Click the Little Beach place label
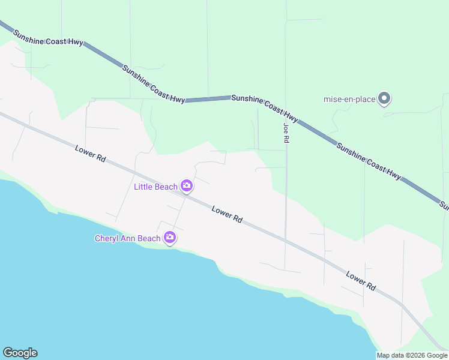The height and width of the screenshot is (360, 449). click(155, 187)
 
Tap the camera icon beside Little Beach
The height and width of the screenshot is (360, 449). click(187, 186)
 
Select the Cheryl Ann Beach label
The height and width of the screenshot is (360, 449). click(128, 238)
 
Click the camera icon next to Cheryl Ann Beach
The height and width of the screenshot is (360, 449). click(170, 238)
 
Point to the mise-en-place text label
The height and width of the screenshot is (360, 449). click(349, 99)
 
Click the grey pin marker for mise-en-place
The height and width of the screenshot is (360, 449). click(385, 98)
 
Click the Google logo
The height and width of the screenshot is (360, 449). click(20, 353)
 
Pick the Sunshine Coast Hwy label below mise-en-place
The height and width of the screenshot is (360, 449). click(368, 161)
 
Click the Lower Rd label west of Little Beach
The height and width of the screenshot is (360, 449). click(91, 154)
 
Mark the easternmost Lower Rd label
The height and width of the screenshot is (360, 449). click(361, 280)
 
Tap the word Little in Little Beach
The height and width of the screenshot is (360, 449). click(143, 187)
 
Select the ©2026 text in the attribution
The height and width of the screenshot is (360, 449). click(418, 355)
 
